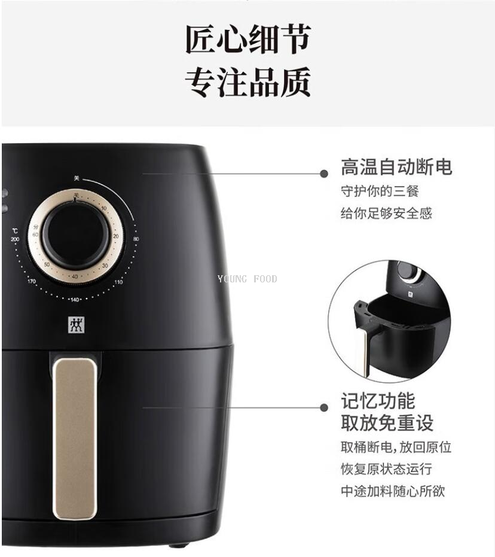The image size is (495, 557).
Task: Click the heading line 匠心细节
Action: (x=247, y=39)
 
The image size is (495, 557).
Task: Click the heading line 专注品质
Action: (x=247, y=83)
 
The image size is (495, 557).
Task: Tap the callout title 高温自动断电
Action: (x=396, y=167)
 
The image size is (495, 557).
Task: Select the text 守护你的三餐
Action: (x=380, y=191)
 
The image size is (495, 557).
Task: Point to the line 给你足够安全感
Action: (x=386, y=213)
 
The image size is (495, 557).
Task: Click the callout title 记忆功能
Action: (x=378, y=400)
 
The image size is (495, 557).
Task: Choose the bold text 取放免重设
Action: (x=387, y=422)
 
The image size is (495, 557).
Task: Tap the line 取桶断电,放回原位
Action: (x=396, y=447)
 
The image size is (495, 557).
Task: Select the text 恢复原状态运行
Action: (x=386, y=469)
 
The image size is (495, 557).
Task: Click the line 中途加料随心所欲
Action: (x=393, y=491)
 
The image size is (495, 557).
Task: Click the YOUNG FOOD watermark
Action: (x=247, y=279)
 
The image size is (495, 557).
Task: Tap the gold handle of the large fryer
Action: (x=75, y=439)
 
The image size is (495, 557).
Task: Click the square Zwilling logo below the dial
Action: (x=75, y=324)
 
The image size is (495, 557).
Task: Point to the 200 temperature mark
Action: (x=15, y=239)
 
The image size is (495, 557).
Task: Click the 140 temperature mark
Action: (x=75, y=300)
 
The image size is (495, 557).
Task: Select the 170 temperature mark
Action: (x=31, y=281)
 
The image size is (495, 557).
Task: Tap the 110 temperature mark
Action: (x=119, y=282)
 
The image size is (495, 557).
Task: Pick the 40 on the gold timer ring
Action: (x=74, y=276)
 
